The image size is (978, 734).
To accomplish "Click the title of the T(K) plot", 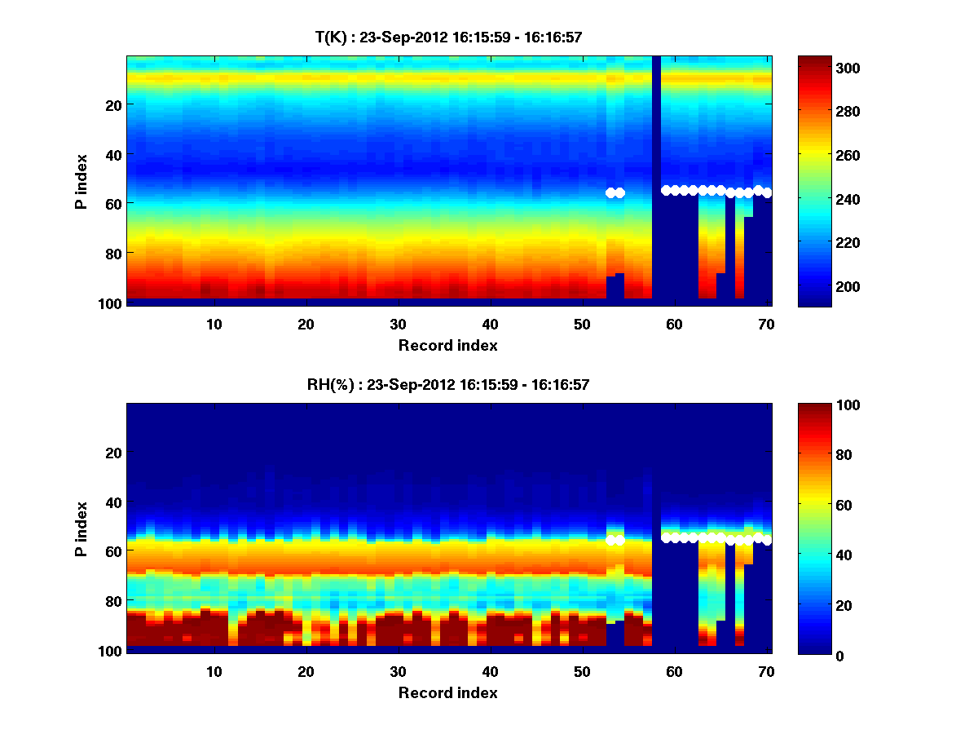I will pos(448,37).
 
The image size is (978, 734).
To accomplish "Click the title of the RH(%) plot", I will pos(448,384).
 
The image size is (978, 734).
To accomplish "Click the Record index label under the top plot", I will pos(448,345).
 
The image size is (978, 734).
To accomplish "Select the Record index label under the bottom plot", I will pos(448,692).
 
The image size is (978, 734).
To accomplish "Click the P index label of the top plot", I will pos(81,179).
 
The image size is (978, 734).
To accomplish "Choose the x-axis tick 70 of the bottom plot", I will pos(766,671).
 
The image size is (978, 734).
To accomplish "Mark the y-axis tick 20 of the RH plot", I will pos(113,452).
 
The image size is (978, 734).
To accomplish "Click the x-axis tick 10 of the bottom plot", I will pos(214,671).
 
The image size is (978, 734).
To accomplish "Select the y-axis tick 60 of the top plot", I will pos(113,203).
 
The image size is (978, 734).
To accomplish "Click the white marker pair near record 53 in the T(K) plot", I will pos(615,192).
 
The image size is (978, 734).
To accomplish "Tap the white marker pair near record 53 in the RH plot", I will pos(615,540).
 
